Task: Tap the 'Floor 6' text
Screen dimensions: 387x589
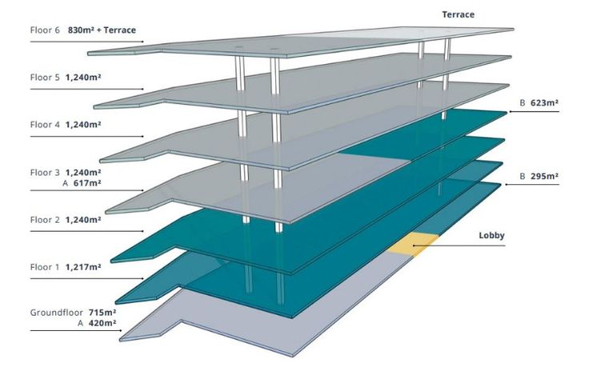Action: [46, 30]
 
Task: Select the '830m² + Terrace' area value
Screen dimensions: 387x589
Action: [102, 30]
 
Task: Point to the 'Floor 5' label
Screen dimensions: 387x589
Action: [46, 78]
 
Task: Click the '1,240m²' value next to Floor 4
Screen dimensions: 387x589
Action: [83, 125]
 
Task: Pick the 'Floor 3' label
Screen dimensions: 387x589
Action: [46, 172]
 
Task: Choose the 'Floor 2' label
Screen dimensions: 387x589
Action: [46, 220]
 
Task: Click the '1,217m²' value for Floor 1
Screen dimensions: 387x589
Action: [83, 267]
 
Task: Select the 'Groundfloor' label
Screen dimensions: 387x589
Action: [57, 312]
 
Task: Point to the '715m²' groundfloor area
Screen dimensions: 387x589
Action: [102, 312]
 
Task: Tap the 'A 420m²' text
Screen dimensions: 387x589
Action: [97, 324]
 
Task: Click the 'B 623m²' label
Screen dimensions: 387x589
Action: [538, 103]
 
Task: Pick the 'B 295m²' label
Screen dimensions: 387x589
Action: [538, 176]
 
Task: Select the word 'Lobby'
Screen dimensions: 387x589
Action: [491, 236]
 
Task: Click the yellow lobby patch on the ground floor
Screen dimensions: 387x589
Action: [414, 242]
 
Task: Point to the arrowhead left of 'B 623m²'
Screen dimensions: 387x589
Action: [509, 112]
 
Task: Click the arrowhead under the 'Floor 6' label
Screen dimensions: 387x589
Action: [142, 42]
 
